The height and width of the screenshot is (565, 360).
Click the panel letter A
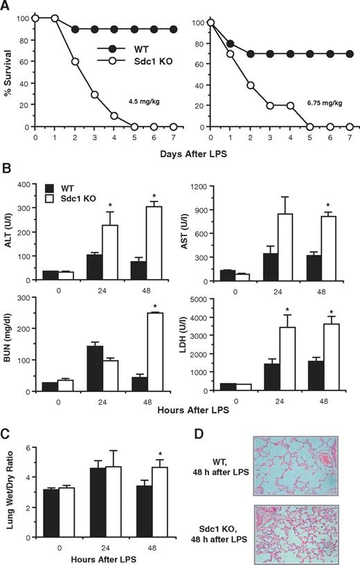click(6, 6)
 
